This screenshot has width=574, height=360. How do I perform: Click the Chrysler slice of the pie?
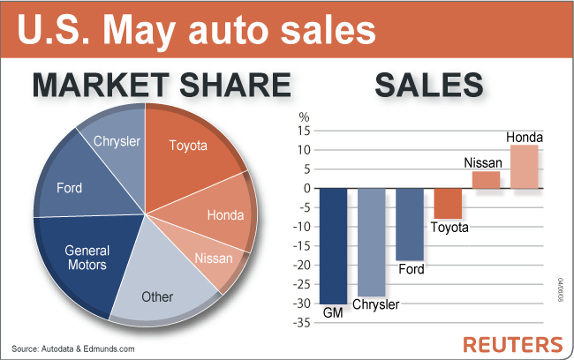click(x=116, y=143)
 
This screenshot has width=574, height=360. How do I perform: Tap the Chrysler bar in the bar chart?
click(x=371, y=242)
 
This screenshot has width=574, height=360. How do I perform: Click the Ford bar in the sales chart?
click(x=410, y=224)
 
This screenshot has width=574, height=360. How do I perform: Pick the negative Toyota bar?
click(x=449, y=204)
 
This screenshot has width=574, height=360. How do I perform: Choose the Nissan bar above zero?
click(x=486, y=179)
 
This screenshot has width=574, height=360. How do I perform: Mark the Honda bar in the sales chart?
click(x=525, y=166)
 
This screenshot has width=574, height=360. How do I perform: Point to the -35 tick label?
click(x=302, y=323)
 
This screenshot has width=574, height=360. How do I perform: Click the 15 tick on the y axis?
click(x=305, y=131)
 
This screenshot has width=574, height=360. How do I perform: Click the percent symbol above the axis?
click(x=305, y=116)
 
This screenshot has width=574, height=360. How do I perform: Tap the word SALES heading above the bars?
click(x=428, y=85)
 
